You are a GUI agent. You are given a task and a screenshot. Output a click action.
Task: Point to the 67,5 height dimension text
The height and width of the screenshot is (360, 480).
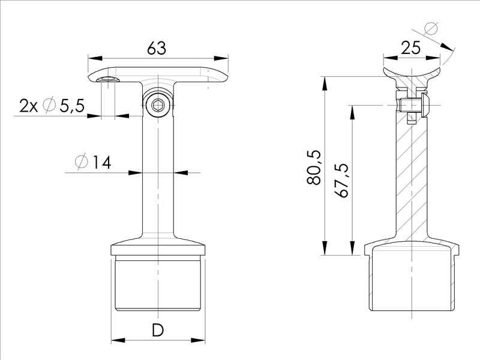[x=343, y=180]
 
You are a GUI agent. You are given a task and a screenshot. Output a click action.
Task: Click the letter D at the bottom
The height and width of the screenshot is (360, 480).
[x=158, y=330]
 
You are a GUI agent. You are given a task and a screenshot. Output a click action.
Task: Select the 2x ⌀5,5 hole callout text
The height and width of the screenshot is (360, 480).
[x=51, y=106]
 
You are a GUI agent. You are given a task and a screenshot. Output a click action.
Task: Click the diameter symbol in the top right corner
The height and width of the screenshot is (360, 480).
[x=431, y=28]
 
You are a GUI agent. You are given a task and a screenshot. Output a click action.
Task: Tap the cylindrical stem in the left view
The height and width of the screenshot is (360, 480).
[x=158, y=180]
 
